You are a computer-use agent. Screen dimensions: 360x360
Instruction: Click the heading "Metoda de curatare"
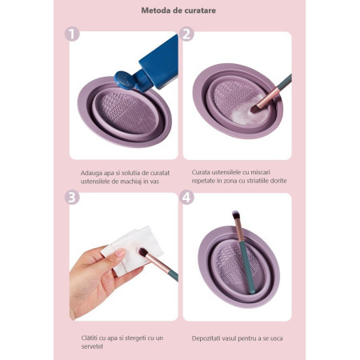pyautogui.click(x=179, y=10)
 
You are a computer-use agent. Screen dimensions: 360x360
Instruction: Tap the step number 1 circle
pyautogui.click(x=73, y=34)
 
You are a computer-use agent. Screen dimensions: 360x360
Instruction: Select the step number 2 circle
pyautogui.click(x=186, y=34)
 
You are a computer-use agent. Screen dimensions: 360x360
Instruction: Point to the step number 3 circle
pyautogui.click(x=73, y=197)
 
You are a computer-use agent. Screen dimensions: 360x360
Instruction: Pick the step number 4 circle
pyautogui.click(x=186, y=197)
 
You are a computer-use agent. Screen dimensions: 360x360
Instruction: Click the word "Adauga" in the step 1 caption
pyautogui.click(x=92, y=171)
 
